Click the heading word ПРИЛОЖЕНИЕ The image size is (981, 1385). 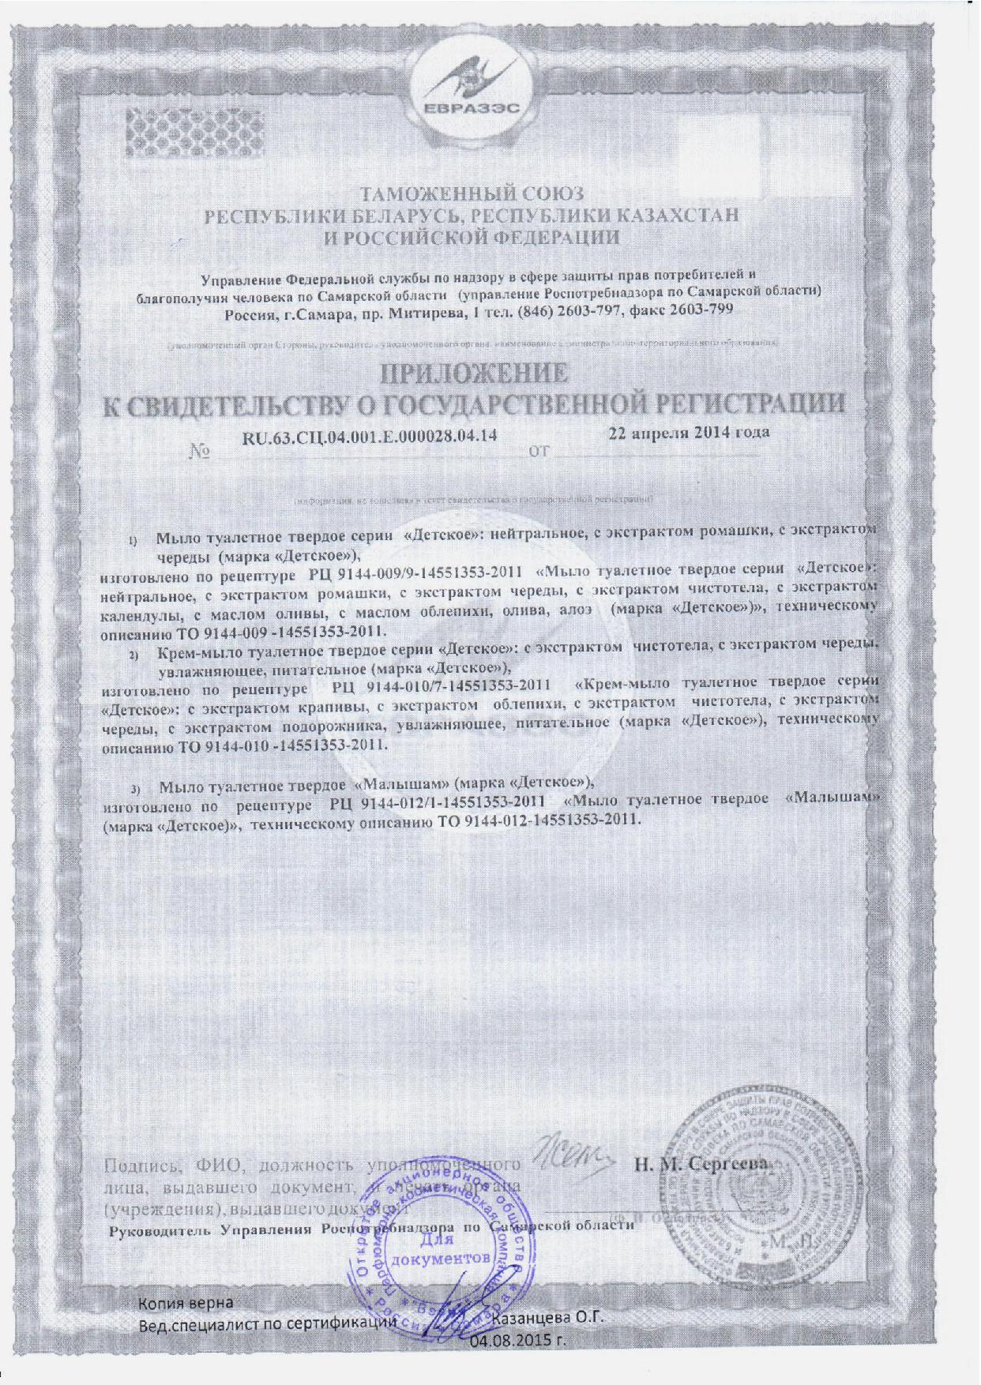pos(475,373)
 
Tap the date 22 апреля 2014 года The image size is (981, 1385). pos(690,432)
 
